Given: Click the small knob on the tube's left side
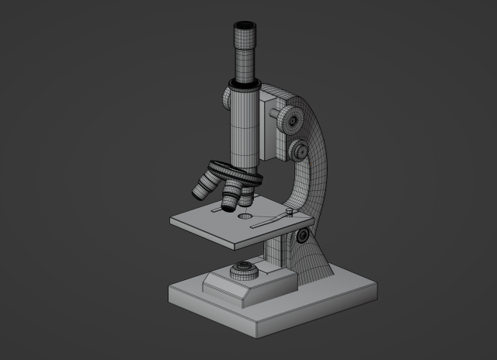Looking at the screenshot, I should [x=226, y=98].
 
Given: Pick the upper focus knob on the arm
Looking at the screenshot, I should [x=293, y=119].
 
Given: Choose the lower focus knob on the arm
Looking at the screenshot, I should [x=299, y=150].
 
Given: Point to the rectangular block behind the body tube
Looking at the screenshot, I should [x=273, y=124].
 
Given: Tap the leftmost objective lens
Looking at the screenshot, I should [x=205, y=185].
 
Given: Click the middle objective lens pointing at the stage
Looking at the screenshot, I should [x=231, y=198].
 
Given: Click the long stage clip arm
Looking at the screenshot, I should [x=267, y=221].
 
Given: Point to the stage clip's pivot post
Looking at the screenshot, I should [x=289, y=210].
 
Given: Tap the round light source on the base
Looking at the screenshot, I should [x=244, y=272].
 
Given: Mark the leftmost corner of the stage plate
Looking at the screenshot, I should [x=172, y=222].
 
